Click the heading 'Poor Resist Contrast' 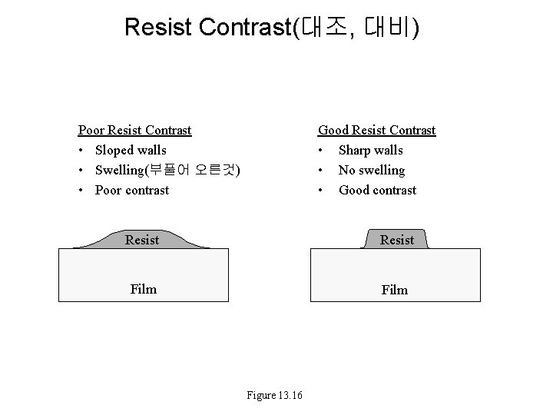[135, 130]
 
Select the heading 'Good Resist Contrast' [376, 130]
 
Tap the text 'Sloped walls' [131, 150]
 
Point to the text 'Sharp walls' [370, 150]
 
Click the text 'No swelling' [372, 170]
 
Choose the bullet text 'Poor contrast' [132, 190]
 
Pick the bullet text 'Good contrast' [377, 190]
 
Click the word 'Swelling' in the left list [119, 170]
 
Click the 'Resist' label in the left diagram [142, 240]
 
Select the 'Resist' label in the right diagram [396, 240]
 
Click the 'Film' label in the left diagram [143, 289]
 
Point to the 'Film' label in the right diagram [395, 290]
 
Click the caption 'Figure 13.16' [275, 395]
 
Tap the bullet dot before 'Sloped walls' [81, 151]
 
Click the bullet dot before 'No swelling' [321, 171]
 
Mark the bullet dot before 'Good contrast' [321, 191]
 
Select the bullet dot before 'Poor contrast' [81, 191]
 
